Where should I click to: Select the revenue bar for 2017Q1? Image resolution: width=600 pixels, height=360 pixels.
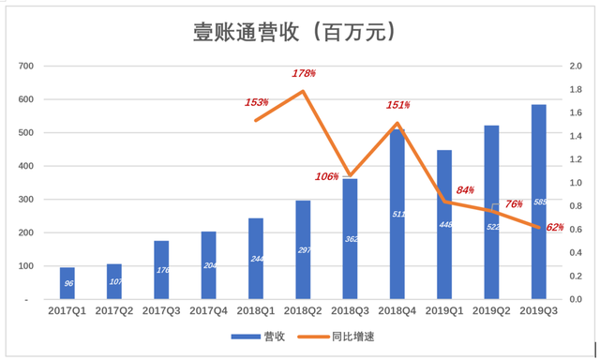[68, 283]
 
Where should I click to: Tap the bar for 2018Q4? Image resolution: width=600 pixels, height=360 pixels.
[397, 215]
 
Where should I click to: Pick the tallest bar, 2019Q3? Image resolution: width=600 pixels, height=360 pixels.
[538, 202]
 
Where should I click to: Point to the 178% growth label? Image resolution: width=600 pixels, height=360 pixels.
[303, 73]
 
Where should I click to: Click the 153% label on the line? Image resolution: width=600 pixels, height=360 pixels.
[257, 102]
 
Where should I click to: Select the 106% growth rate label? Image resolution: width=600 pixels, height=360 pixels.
[327, 176]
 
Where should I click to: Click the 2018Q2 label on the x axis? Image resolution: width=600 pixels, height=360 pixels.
[303, 310]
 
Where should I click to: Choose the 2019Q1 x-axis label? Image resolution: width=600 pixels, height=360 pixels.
[444, 310]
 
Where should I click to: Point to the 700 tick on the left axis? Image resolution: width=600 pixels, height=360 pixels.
[25, 67]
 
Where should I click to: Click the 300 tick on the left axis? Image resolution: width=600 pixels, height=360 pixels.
[25, 200]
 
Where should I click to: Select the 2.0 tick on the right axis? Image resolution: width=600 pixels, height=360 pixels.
[574, 67]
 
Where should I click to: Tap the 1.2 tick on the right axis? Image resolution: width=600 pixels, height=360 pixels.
[574, 159]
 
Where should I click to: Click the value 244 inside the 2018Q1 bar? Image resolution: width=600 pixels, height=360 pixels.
[256, 259]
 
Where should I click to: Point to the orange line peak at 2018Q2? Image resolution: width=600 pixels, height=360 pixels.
[303, 91]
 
